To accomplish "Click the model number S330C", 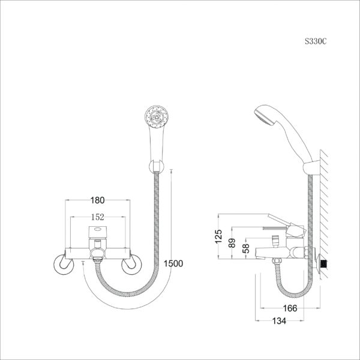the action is click(316, 41).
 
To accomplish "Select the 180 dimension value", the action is click(97, 200).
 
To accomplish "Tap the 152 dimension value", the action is click(98, 217).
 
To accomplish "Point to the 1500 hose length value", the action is click(173, 263).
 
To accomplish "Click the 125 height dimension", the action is click(218, 236).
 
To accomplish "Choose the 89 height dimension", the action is click(232, 243).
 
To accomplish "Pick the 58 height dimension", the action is click(245, 248).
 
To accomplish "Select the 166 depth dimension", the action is click(290, 308).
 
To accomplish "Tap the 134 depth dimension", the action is click(279, 321).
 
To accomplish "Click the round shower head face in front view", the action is click(157, 117).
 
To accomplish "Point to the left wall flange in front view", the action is click(64, 264).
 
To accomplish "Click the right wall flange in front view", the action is click(131, 264).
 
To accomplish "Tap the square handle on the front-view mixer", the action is click(98, 232).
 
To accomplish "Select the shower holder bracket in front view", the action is click(157, 167).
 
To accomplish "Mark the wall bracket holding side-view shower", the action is click(311, 168).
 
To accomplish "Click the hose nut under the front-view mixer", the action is click(98, 260).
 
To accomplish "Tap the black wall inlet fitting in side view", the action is click(324, 264).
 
